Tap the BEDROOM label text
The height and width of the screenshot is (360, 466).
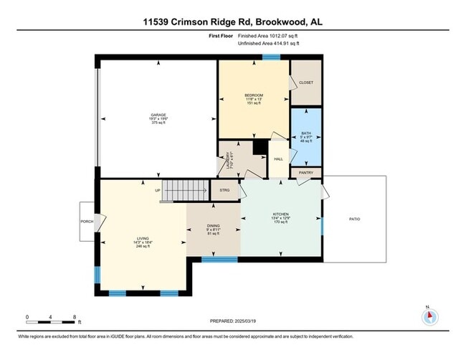point(253,95)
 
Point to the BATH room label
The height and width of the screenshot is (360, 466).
point(306,133)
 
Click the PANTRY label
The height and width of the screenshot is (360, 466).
point(306,173)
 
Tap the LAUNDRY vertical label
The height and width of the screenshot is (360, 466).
point(229,158)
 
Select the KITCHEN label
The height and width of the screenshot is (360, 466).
point(280,214)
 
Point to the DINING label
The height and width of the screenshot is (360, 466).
point(213,226)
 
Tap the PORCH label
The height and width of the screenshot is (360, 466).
point(87,221)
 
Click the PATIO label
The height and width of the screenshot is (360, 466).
point(354,219)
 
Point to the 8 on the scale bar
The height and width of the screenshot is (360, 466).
point(75,316)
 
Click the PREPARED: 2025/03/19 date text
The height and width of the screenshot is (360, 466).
point(233,321)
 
